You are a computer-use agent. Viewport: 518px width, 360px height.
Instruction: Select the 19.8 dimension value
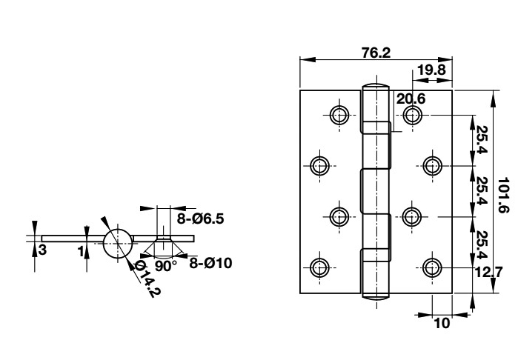(431, 70)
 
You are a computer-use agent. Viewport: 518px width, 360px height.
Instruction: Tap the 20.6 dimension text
(410, 98)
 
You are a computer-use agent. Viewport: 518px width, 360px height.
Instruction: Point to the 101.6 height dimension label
(503, 195)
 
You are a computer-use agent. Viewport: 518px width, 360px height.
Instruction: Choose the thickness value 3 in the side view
(42, 250)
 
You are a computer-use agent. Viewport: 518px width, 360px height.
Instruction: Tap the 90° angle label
(167, 264)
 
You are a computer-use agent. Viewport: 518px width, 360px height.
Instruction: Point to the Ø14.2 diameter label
(147, 279)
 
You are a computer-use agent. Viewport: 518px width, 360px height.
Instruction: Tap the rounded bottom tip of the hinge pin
(376, 297)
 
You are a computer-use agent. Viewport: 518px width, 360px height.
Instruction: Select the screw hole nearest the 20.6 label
(413, 114)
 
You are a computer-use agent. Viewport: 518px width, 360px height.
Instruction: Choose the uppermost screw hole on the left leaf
(339, 114)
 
